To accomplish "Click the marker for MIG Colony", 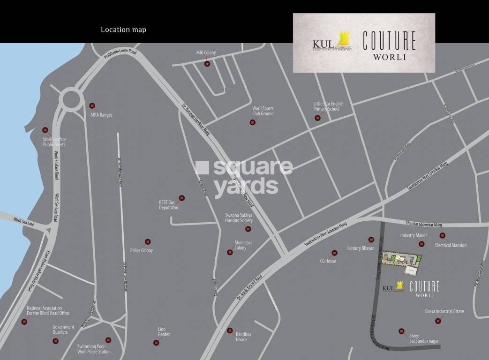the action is click(207, 64).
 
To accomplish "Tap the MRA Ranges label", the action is click(101, 115).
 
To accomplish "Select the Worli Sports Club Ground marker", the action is click(253, 122).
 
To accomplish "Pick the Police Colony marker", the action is click(148, 242).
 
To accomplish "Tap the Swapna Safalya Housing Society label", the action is click(239, 218).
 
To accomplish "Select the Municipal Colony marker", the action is click(230, 252).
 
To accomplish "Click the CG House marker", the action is click(334, 253).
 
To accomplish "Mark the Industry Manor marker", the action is click(421, 244).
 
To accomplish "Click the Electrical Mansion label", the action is click(451, 245).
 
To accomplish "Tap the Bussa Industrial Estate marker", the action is click(438, 321).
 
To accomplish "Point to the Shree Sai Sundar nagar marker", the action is click(401, 331).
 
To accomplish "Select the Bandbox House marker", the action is click(230, 330).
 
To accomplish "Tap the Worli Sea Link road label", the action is click(24, 220).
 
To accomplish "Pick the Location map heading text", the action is click(123, 30).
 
